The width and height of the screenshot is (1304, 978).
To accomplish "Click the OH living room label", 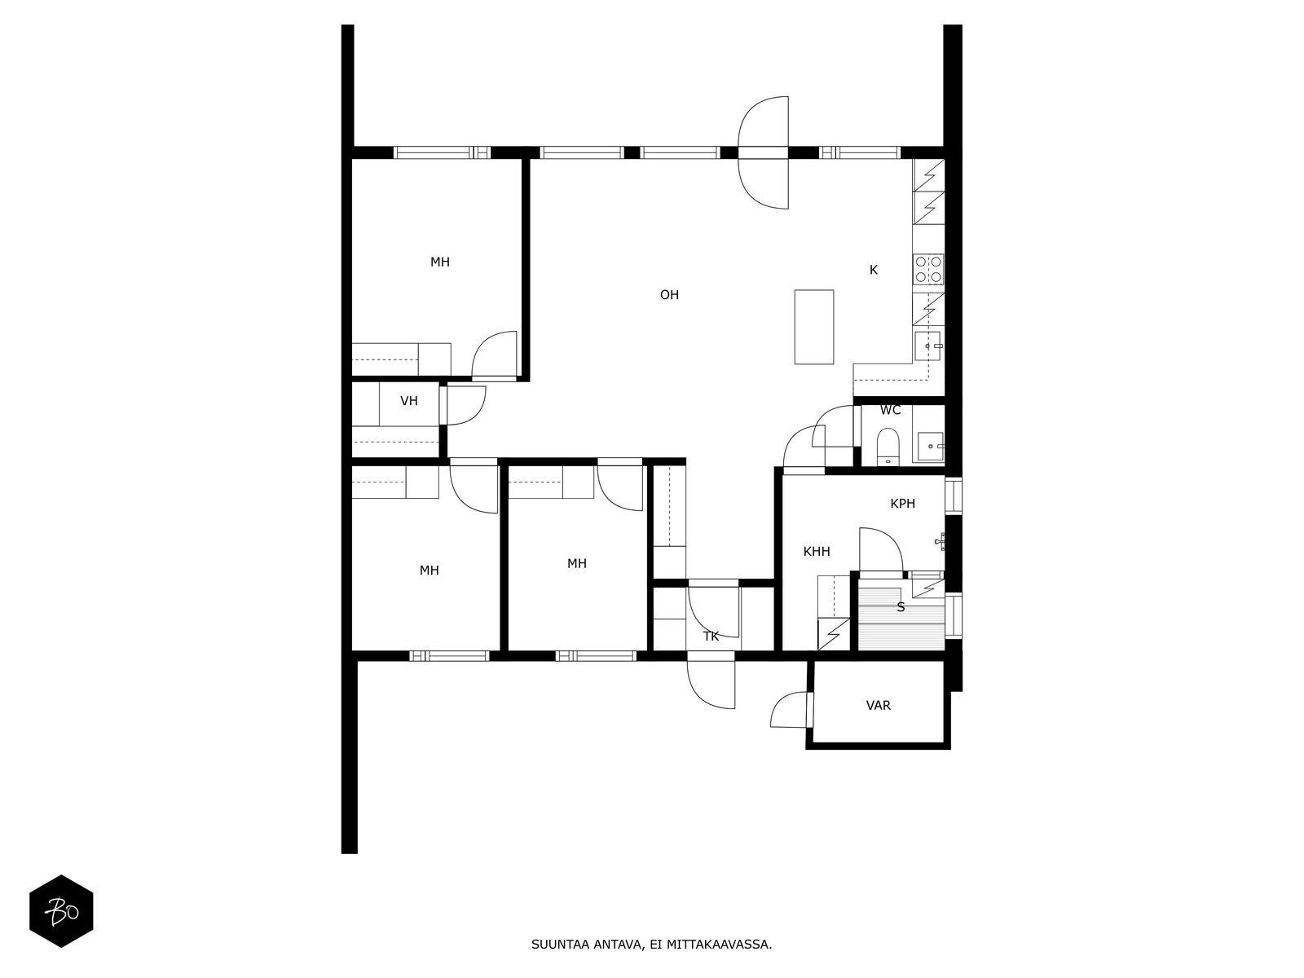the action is [669, 295].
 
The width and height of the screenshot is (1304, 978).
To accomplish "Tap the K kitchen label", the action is [874, 271].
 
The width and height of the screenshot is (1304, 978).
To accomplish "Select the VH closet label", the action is [409, 402].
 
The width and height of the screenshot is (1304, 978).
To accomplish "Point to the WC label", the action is [890, 410].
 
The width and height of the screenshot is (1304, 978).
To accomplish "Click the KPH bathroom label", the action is [902, 504].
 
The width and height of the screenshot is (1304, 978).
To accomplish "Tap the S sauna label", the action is [901, 607].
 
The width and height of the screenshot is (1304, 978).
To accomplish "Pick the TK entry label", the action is [711, 637].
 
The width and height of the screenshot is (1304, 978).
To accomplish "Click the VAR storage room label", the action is [878, 706].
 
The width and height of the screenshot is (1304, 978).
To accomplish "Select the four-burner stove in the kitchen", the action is [928, 269].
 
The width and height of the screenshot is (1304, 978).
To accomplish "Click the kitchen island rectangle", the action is [814, 327].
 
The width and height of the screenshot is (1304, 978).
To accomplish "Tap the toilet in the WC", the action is [888, 446].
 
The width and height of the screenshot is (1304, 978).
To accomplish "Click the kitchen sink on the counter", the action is [928, 346].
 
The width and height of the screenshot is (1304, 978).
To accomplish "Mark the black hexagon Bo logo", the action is [61, 911].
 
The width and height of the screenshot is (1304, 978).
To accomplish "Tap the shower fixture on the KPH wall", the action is [940, 541].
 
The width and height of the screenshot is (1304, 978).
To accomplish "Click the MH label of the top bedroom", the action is [439, 262].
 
